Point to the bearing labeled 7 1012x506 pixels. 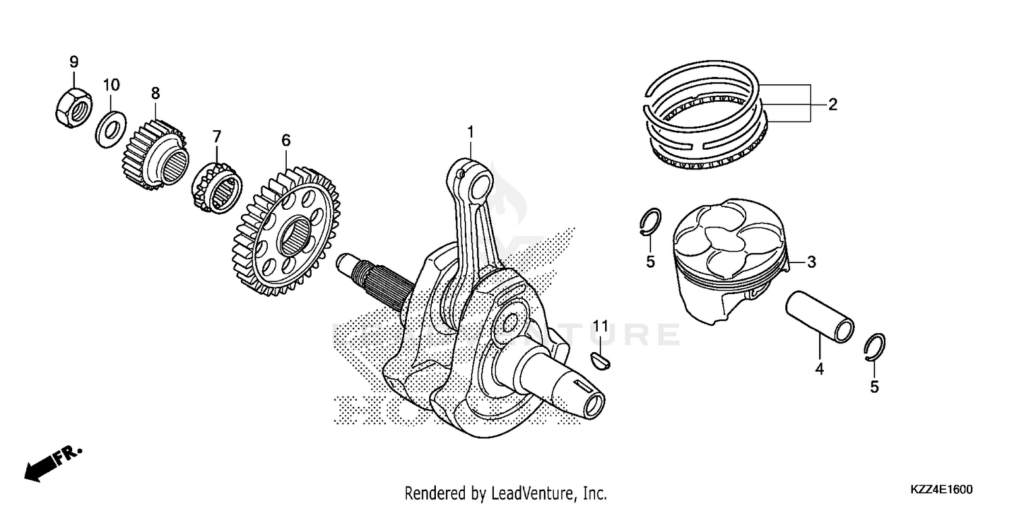click(x=217, y=182)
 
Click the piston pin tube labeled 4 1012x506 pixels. click(x=818, y=316)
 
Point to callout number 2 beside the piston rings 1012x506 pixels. click(x=833, y=105)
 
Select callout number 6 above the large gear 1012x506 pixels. click(x=286, y=140)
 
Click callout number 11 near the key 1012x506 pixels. click(x=601, y=329)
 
